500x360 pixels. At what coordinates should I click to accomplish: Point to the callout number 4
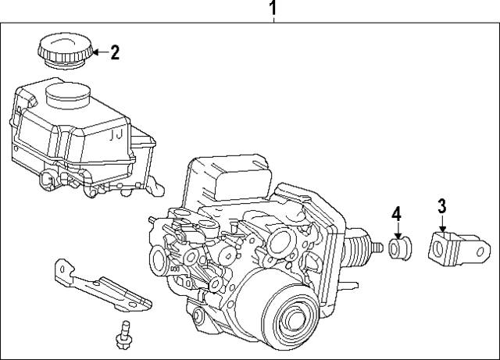396,213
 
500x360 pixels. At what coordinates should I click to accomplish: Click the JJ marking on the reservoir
116,135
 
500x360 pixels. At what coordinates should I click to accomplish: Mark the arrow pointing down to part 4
397,231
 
